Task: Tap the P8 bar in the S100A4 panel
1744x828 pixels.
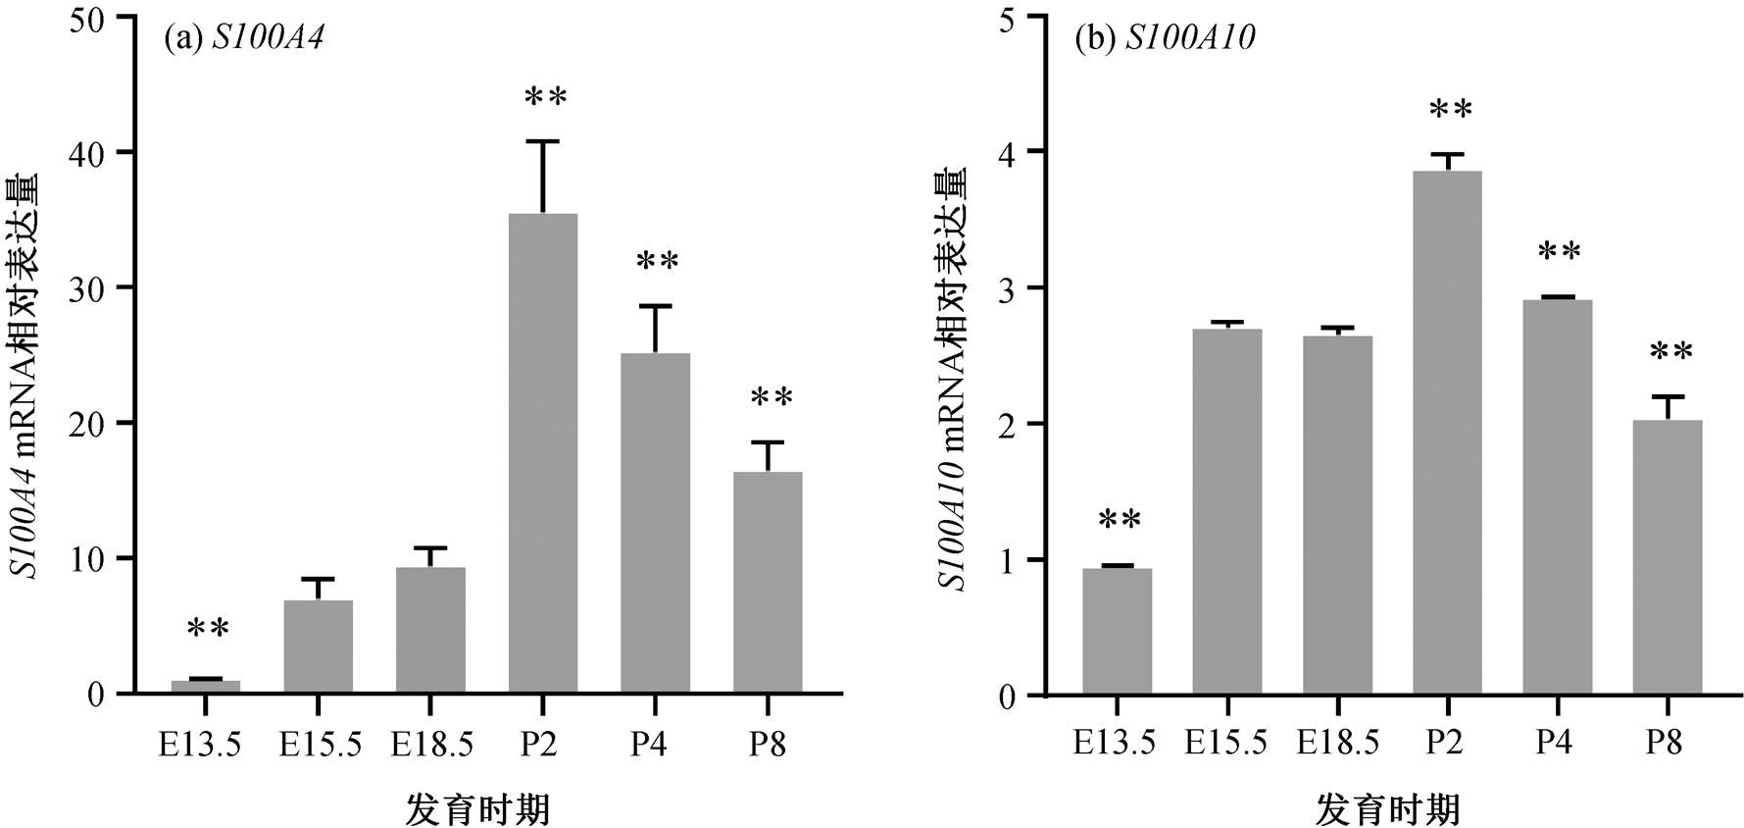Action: click(768, 583)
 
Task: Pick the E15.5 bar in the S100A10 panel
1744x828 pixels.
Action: click(1227, 511)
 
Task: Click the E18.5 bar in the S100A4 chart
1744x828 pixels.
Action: click(430, 630)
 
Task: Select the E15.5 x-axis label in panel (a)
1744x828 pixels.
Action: click(320, 745)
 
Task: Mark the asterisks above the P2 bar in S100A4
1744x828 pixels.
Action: click(545, 97)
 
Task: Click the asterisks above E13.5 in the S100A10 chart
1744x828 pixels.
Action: click(1120, 519)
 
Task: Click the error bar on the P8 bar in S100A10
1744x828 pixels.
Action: click(1668, 406)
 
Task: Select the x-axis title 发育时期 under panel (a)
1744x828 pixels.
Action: click(477, 810)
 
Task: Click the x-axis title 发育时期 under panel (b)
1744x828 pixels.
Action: click(1388, 810)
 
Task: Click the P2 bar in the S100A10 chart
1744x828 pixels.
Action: click(1447, 433)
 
